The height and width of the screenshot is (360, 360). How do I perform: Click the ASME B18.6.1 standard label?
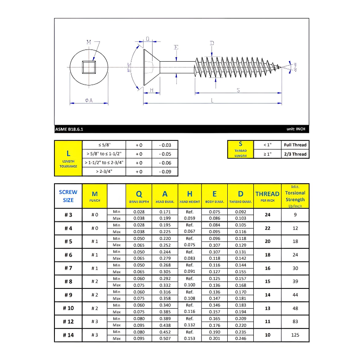pos(69,129)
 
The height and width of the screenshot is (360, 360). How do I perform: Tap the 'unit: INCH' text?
pos(296,129)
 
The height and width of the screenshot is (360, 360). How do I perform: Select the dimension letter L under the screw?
pos(212,100)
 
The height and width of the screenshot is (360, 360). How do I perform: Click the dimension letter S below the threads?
pos(238,90)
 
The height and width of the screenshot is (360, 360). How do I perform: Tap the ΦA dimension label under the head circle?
pos(89,101)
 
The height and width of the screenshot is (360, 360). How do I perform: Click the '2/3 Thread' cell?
pos(295,154)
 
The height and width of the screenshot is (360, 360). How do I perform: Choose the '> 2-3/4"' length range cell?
pos(104,171)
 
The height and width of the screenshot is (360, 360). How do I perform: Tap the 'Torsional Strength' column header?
pos(295,196)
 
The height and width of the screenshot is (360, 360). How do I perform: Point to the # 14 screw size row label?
pos(68,335)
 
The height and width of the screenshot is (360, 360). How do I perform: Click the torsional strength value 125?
pos(295,335)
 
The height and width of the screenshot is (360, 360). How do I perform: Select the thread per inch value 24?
pos(267,215)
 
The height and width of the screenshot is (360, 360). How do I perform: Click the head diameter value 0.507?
pos(165,338)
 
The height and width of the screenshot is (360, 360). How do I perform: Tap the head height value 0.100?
pos(189,285)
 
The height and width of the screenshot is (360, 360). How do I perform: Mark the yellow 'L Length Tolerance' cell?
pos(68,158)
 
